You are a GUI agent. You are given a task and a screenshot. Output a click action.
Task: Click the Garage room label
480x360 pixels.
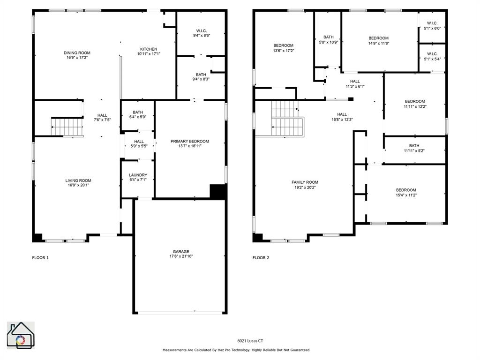(x=181, y=252)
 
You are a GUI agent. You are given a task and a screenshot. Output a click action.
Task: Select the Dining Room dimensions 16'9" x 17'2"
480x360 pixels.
(x=77, y=58)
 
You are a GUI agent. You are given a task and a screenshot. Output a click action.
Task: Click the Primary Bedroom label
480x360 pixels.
(x=190, y=141)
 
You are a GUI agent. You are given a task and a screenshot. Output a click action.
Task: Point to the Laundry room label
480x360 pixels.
(x=138, y=175)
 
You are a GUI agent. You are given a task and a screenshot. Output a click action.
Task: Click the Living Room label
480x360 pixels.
(x=78, y=180)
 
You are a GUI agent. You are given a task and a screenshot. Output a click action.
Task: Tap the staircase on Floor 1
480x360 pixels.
(x=67, y=127)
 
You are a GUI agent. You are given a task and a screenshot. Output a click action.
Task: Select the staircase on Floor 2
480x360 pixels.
(x=287, y=120)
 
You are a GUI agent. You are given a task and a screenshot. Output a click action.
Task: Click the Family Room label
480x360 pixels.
(x=305, y=182)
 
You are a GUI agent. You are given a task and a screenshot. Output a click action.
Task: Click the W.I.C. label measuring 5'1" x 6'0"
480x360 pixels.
(x=432, y=25)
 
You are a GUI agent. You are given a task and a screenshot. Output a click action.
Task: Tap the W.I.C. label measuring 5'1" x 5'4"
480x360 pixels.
(x=432, y=56)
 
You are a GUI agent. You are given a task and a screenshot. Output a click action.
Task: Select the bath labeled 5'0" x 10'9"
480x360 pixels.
(x=328, y=39)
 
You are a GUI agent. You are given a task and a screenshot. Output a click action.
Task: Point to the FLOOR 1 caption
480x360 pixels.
(x=40, y=257)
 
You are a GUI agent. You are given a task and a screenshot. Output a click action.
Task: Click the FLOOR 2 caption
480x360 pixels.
(x=261, y=257)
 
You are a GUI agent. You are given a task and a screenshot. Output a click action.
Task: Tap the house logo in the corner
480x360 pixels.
(x=21, y=335)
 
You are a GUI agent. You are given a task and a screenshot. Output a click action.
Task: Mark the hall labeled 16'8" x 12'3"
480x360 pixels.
(x=342, y=117)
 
